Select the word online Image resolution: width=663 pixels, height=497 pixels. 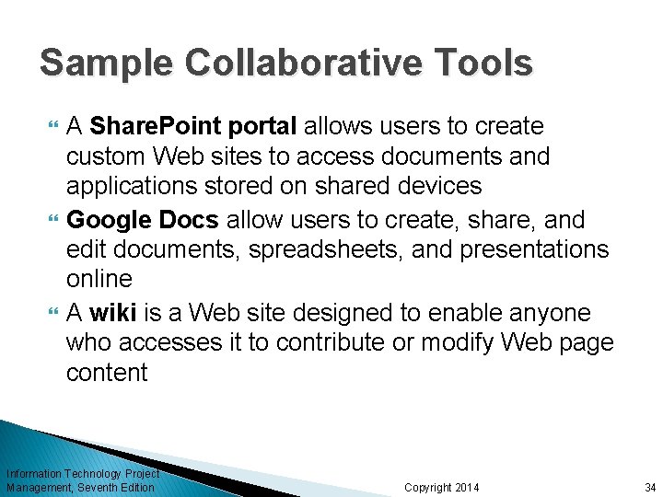click(x=99, y=279)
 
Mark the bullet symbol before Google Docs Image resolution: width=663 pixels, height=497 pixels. click(x=51, y=219)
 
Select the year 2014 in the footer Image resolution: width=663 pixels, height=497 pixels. click(x=465, y=487)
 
